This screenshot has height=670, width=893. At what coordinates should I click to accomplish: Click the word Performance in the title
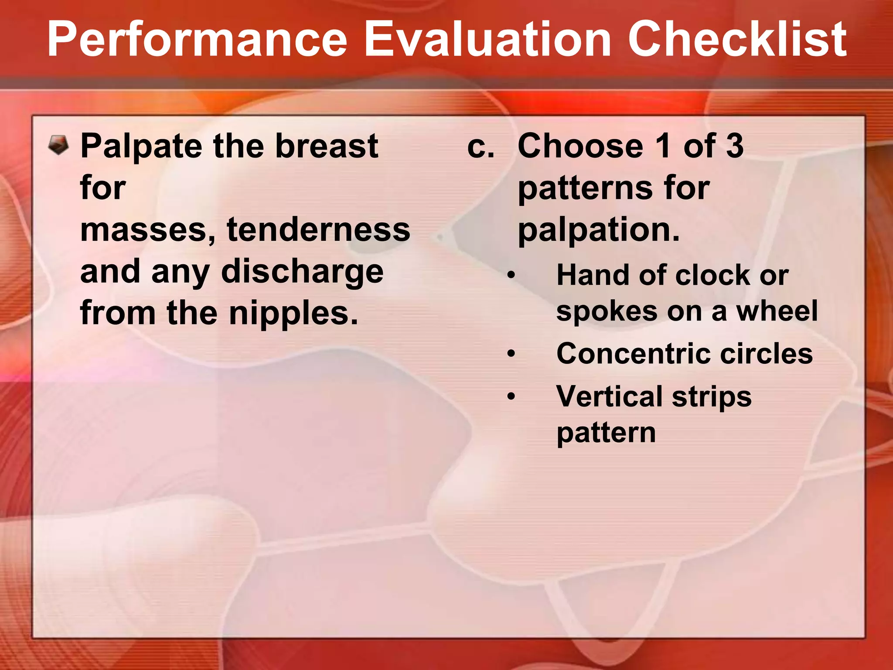tap(197, 40)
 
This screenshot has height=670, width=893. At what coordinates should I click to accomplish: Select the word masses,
tap(148, 230)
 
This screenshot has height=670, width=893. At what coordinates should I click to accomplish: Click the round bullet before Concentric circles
tap(511, 354)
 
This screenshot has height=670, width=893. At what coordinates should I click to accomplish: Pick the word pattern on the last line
tap(606, 433)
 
